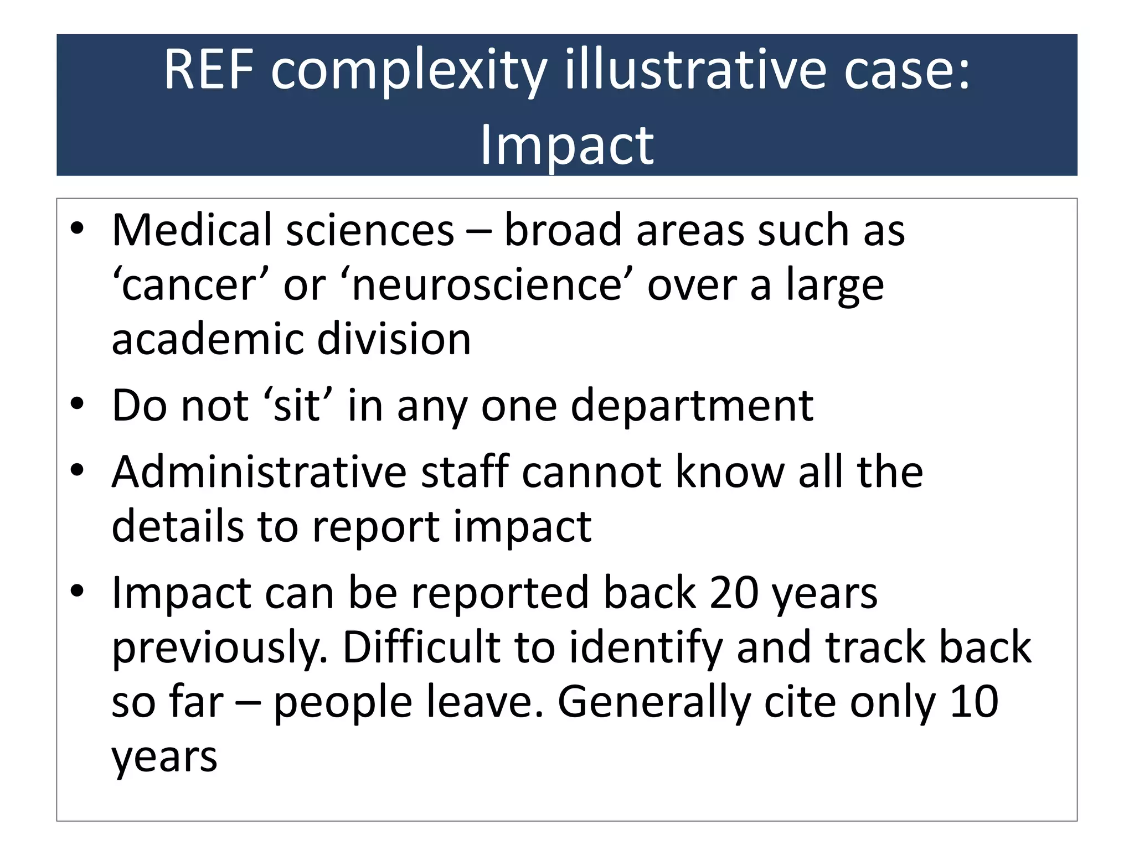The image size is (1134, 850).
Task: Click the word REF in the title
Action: coord(209,70)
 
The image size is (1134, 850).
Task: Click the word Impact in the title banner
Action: coord(566,145)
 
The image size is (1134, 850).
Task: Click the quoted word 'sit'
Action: coord(298,405)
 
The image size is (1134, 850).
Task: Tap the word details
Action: coord(178,526)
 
